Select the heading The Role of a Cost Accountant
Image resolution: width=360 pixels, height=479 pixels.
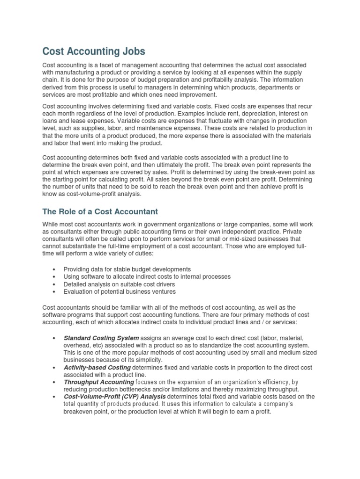100,211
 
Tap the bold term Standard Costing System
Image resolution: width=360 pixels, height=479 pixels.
101,338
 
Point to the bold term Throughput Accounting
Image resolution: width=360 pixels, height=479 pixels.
99,382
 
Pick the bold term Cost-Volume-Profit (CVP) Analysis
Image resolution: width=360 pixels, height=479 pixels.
115,397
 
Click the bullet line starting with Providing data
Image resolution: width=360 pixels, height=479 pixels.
127,269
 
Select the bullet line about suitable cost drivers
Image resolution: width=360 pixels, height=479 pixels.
120,284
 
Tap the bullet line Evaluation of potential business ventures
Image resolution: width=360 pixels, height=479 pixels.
120,291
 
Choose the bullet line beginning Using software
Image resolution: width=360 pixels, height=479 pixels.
147,276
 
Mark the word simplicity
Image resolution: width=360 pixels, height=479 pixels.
147,360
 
